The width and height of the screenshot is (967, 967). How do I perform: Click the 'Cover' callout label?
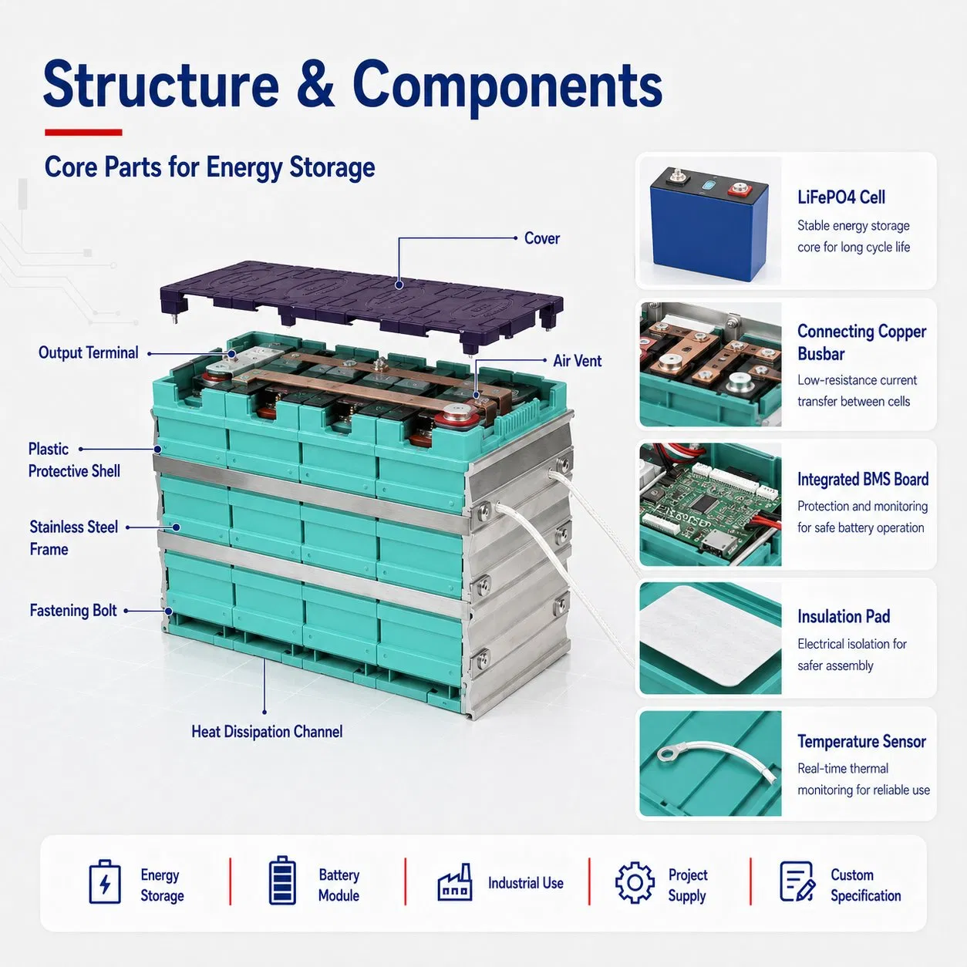(541, 238)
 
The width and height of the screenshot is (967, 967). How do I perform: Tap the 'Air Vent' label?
(577, 361)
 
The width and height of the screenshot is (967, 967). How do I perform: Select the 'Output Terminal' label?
(89, 352)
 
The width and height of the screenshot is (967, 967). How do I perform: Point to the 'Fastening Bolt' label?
(73, 611)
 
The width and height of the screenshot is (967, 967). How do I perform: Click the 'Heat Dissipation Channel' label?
(267, 732)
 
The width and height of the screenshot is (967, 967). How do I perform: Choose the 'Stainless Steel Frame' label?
(74, 538)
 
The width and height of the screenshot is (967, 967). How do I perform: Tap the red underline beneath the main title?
(83, 133)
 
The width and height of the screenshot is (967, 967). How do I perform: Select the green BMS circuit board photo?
(710, 504)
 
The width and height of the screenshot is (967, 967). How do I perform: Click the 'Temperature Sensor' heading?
(861, 742)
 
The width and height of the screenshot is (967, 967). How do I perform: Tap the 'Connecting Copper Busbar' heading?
(861, 342)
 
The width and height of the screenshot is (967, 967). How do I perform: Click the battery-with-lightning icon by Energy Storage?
(105, 882)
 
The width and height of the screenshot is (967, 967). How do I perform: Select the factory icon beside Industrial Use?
(455, 883)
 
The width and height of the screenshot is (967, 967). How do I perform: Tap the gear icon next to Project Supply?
(635, 883)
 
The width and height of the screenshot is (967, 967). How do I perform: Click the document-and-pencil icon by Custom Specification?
(797, 881)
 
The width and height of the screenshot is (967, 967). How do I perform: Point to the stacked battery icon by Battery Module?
(282, 881)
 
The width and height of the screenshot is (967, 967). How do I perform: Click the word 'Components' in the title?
(507, 86)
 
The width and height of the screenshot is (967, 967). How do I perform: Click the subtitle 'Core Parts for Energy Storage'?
(210, 167)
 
